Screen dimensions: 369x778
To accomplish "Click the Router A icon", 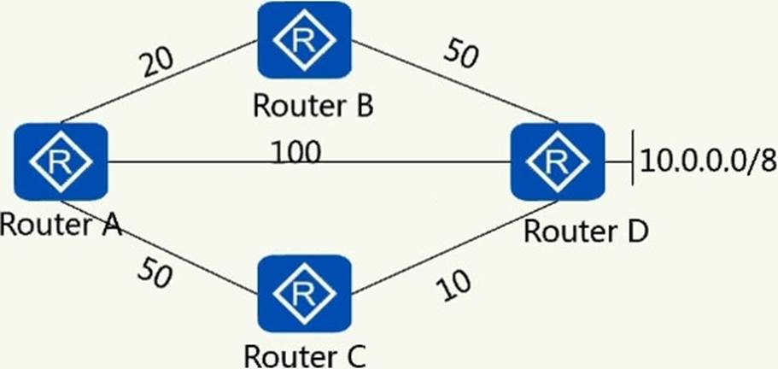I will coord(61,161).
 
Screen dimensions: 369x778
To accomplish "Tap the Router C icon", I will coord(303,293).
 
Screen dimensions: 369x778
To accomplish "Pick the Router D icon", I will coord(557,161).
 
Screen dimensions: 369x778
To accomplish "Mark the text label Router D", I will coord(586,231).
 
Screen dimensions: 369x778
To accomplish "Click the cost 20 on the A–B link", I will coord(159,64).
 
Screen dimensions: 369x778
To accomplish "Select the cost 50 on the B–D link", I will coord(461,56).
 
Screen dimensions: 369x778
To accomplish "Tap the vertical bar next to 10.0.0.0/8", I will coord(632,160).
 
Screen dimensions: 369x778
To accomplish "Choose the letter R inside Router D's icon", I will coord(557,161).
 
